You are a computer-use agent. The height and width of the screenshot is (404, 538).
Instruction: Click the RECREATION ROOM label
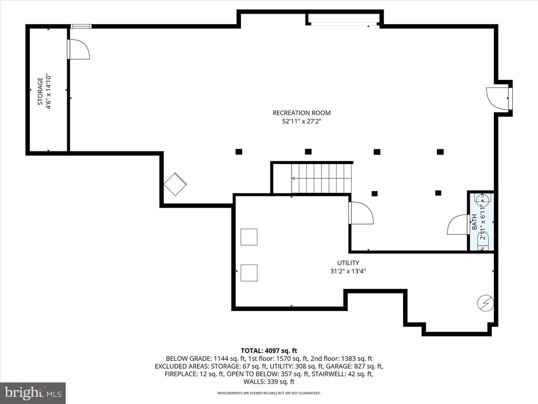(x=302, y=113)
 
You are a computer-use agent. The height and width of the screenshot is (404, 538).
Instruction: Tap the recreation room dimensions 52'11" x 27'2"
(x=302, y=122)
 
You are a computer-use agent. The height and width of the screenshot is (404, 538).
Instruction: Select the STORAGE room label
(x=40, y=92)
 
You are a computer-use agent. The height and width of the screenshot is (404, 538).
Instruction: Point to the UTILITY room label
(x=348, y=263)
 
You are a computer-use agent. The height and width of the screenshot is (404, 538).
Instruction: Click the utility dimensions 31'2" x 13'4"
(x=348, y=271)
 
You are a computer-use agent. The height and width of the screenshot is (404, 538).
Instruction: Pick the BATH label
(x=474, y=222)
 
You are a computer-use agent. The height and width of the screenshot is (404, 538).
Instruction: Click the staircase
(x=322, y=178)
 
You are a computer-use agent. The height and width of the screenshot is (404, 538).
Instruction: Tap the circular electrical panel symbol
(x=486, y=304)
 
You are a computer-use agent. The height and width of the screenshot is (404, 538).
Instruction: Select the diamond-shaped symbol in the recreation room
(x=175, y=184)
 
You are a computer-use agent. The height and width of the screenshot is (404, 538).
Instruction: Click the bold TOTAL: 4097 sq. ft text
(x=269, y=351)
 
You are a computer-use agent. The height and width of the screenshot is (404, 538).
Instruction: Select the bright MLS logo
(x=33, y=392)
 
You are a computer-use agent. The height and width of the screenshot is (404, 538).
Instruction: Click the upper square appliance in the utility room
(x=249, y=237)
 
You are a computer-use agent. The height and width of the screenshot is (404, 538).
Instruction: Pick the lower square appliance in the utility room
(x=249, y=273)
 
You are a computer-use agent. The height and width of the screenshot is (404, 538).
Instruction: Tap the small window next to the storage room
(x=81, y=26)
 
